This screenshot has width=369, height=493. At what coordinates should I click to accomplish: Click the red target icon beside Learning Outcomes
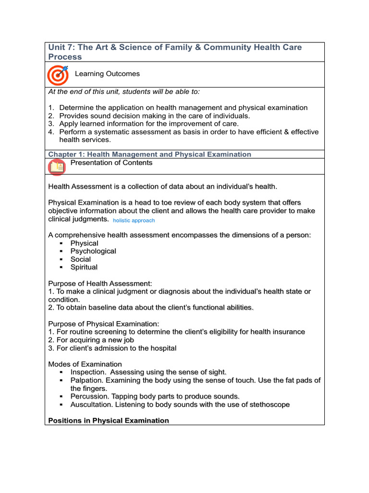coord(58,75)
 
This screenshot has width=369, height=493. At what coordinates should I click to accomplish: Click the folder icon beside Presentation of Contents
coord(57,167)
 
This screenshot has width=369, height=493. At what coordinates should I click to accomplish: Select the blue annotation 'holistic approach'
coord(134,221)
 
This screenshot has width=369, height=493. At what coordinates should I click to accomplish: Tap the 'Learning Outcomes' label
coord(107,74)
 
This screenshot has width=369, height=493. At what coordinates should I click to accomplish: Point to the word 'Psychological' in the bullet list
coord(93,251)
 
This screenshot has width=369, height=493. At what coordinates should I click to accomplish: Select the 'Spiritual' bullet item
coord(84,267)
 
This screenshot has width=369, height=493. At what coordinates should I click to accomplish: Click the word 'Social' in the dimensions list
coord(81,259)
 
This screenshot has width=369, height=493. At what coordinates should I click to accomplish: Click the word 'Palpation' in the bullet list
coord(86,380)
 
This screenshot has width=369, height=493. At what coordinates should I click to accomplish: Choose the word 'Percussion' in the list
coord(89,396)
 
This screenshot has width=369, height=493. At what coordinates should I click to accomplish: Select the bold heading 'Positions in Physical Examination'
coord(109,421)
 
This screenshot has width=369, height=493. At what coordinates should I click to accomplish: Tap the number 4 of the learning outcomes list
coord(50,132)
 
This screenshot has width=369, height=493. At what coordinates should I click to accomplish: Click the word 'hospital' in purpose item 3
coord(161,348)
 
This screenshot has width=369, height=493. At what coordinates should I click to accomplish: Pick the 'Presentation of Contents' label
coord(111,163)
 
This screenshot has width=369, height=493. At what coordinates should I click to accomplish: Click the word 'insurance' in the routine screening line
coord(287,332)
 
